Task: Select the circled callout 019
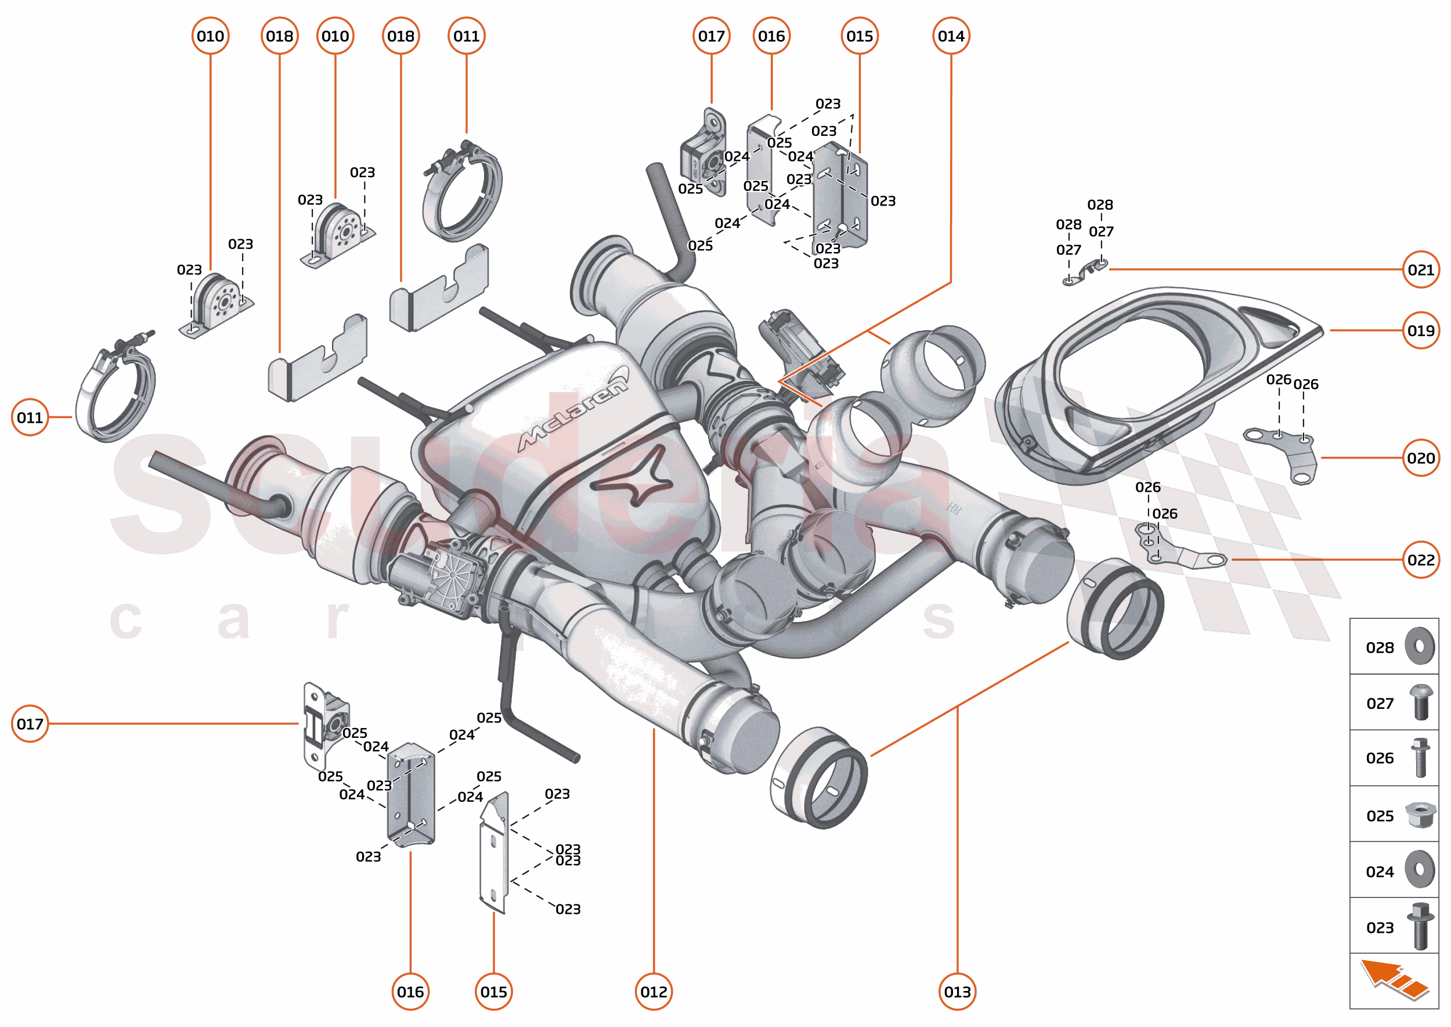pyautogui.click(x=1420, y=331)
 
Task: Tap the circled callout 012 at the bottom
pyautogui.click(x=653, y=992)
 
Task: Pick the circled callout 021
pyautogui.click(x=1420, y=270)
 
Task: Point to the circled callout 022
pyautogui.click(x=1420, y=560)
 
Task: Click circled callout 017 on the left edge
pyautogui.click(x=30, y=723)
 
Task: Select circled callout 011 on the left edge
pyautogui.click(x=30, y=417)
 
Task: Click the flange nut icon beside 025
pyautogui.click(x=1420, y=815)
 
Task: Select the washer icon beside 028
pyautogui.click(x=1420, y=646)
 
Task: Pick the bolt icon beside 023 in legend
pyautogui.click(x=1420, y=926)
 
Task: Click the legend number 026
pyautogui.click(x=1379, y=758)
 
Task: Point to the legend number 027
pyautogui.click(x=1379, y=703)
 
